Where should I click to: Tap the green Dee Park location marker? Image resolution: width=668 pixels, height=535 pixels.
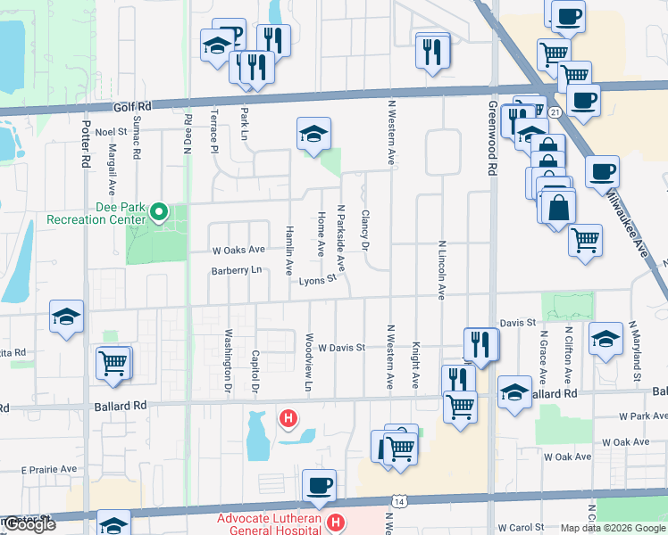pos(159,212)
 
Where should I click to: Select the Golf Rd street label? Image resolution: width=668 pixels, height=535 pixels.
pos(132,106)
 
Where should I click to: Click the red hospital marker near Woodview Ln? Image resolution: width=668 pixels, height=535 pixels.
pos(288,417)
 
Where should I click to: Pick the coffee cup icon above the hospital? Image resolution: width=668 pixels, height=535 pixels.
pos(319,486)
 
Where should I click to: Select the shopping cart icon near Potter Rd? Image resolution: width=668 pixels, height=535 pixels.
pos(114,363)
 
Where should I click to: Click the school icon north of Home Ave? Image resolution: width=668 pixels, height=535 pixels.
pos(313,135)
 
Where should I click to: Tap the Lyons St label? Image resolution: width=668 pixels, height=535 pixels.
pos(317,280)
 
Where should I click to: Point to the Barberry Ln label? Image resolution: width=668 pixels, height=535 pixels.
pos(236,270)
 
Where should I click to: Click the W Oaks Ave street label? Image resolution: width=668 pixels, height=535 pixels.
pos(238,250)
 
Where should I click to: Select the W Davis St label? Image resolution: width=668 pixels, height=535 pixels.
pos(343,347)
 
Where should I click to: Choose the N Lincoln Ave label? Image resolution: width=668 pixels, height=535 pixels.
pos(441,268)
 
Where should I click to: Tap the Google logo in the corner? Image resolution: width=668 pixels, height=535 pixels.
pos(29,524)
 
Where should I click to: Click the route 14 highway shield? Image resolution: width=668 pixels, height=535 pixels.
pos(395,501)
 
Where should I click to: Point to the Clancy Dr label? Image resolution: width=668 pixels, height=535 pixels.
pos(364,230)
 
